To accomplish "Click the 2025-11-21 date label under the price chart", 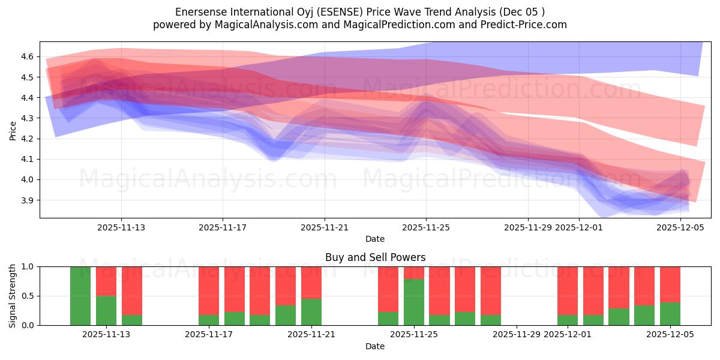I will click(325, 227).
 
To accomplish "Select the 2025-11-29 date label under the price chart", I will click(528, 227).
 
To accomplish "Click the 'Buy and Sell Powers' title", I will click(375, 257).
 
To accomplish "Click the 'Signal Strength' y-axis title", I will click(13, 296).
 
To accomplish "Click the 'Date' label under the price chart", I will click(375, 239).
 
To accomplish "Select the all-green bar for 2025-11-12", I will click(80, 296).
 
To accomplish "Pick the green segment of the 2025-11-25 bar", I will click(414, 302).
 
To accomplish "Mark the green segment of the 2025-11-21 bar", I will click(311, 312).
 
